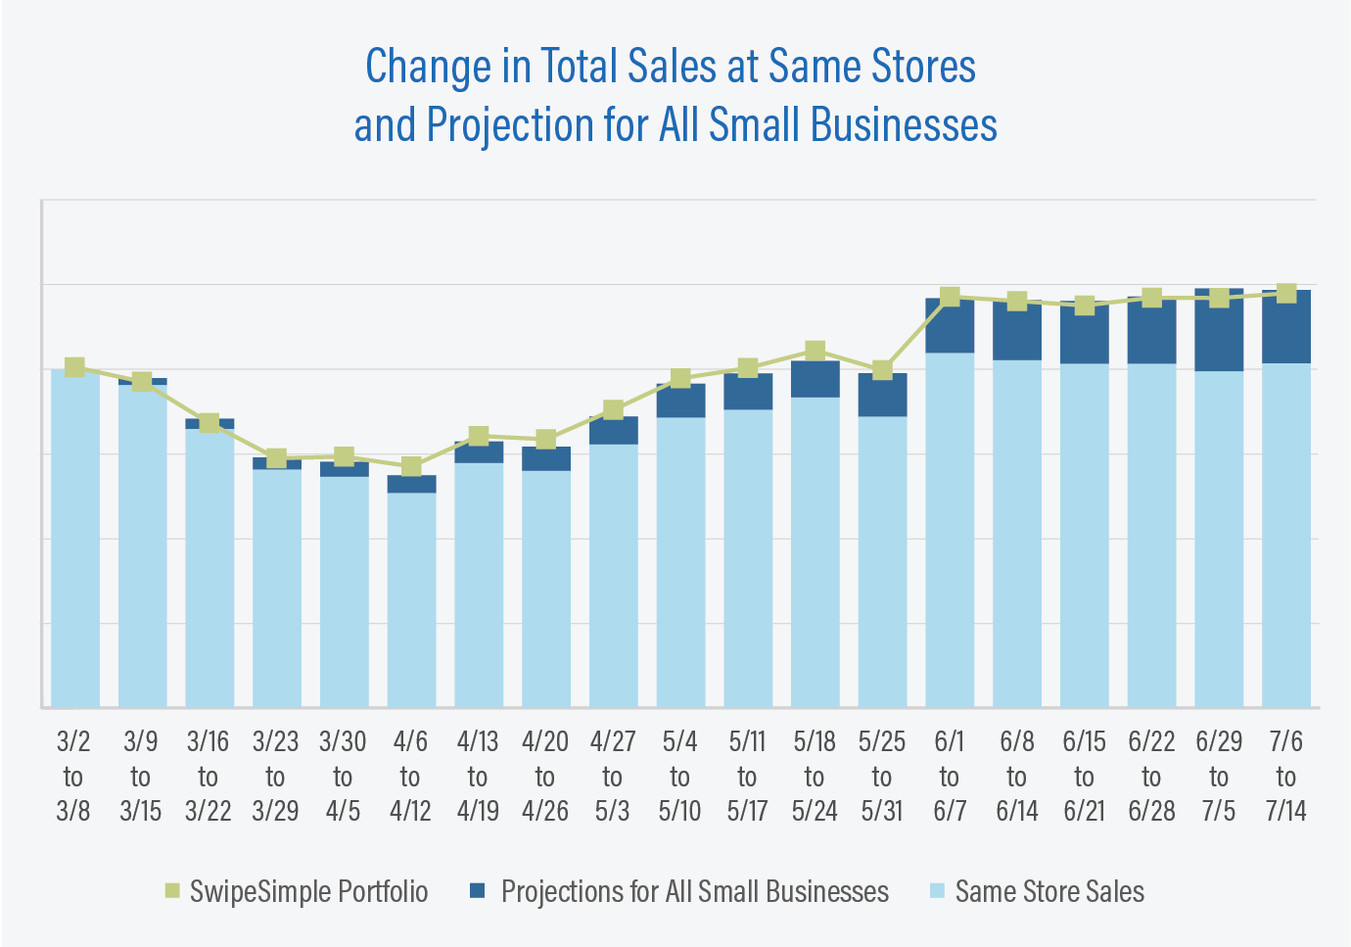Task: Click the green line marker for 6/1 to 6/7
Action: point(950,297)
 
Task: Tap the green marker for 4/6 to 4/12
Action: point(411,466)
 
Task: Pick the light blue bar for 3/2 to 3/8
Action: point(74,539)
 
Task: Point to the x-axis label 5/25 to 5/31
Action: point(882,777)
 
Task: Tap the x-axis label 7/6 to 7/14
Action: point(1285,777)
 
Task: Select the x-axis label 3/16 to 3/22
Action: point(209,777)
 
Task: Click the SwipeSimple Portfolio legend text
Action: point(308,891)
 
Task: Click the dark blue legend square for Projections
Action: point(478,890)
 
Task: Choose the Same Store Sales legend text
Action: point(1049,891)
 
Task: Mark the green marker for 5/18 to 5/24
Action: point(815,351)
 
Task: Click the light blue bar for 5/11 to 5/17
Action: point(748,558)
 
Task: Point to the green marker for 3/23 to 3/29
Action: point(276,457)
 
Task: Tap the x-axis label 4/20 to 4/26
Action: point(545,777)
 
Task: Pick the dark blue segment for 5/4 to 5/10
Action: point(680,402)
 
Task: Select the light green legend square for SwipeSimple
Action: point(172,890)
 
